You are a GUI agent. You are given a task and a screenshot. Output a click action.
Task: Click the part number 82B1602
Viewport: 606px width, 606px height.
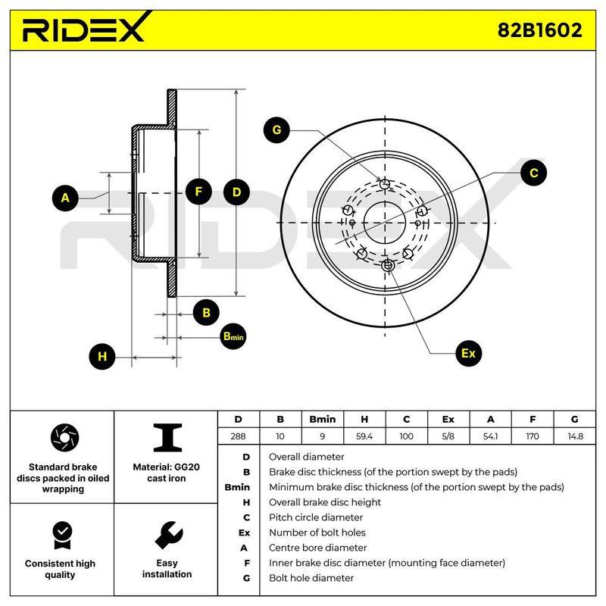[539, 30]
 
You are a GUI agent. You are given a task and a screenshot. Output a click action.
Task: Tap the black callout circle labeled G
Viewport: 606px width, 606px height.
[276, 130]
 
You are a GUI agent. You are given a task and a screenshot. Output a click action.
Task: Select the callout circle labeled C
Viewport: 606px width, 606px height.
[533, 173]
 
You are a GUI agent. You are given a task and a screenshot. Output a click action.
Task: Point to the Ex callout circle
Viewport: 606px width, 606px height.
[468, 353]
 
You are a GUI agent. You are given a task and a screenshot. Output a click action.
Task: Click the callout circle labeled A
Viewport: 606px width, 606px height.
[65, 198]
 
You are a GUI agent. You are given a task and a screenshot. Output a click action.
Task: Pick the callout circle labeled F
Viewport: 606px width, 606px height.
[198, 192]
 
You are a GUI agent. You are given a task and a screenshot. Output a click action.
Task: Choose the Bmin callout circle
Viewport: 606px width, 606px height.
[233, 336]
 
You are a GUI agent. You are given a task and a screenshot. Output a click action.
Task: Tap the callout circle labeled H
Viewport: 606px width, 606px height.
[102, 356]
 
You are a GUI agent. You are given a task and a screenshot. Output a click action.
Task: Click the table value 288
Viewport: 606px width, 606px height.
[238, 436]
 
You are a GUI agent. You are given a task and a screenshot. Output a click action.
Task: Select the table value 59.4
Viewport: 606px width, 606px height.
[364, 436]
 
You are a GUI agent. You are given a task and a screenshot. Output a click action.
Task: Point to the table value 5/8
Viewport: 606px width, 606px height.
[448, 436]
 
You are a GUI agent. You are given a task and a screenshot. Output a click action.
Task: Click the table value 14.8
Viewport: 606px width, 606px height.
[575, 436]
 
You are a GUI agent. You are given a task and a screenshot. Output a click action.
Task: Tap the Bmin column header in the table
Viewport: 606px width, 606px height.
[323, 420]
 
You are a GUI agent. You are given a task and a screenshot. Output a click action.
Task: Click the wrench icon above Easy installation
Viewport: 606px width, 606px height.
[168, 536]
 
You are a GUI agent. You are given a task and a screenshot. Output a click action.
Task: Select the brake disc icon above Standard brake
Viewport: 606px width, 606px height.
[64, 438]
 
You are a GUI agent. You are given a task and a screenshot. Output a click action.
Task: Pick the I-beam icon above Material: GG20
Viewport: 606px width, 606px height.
[167, 438]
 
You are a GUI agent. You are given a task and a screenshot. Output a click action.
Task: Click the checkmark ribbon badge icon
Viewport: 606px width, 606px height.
[63, 536]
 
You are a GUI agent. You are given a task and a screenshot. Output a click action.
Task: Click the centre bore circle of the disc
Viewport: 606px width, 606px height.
[385, 201]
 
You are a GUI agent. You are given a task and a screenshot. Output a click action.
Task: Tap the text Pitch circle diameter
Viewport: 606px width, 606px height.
[316, 517]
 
